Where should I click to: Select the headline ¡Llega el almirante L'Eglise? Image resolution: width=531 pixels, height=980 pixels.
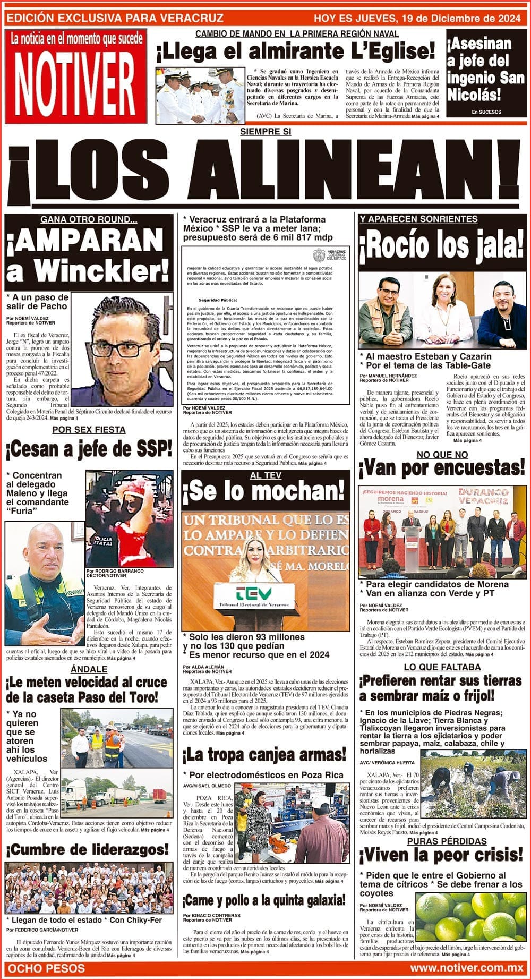[x=295, y=52]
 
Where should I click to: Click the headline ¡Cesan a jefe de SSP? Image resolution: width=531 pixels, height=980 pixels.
[x=89, y=450]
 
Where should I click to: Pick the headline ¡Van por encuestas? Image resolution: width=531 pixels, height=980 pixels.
[x=442, y=468]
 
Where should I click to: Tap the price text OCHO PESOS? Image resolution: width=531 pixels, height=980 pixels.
[x=47, y=968]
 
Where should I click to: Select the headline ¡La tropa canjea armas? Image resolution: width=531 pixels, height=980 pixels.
[x=264, y=755]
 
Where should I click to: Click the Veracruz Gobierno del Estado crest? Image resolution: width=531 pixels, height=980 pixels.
[x=320, y=254]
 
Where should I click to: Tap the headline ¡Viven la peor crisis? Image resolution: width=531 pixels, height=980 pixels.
[x=442, y=855]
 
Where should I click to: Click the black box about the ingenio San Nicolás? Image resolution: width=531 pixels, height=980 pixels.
[x=485, y=74]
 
